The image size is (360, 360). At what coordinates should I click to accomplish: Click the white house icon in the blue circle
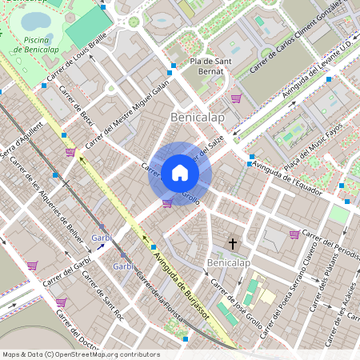point(180,173)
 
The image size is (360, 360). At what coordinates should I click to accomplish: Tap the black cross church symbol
point(234,242)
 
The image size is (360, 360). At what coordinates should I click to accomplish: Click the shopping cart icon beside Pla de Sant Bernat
point(236,98)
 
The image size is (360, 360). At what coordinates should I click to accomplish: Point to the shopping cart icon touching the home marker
point(166,203)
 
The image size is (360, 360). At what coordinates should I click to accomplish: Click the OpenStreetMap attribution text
point(81,354)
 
